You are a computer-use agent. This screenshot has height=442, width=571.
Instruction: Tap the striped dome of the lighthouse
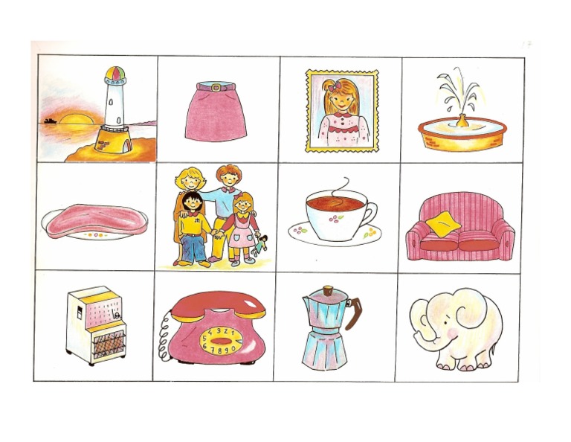point(115,75)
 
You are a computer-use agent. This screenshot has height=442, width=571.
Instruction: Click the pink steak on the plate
point(91,222)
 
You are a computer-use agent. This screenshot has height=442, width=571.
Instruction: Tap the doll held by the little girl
point(259,243)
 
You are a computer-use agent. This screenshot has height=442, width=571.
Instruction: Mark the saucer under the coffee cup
point(335,237)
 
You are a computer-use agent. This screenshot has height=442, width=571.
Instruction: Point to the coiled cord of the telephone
point(164,339)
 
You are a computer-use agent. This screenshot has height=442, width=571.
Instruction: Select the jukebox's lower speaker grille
point(96,343)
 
